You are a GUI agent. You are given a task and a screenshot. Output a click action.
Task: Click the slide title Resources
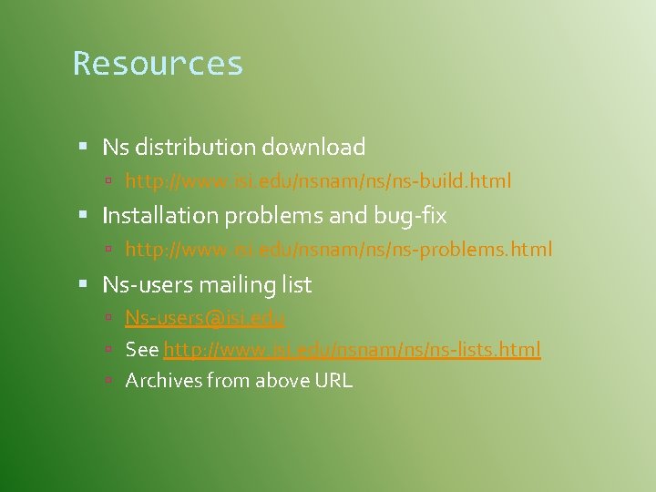(x=158, y=64)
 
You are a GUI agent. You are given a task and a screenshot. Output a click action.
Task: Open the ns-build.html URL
(x=318, y=181)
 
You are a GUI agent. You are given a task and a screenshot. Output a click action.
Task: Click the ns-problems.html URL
(x=338, y=250)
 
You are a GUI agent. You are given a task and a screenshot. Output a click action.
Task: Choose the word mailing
(x=223, y=285)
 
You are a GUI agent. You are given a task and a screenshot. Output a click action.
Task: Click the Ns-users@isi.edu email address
(x=206, y=318)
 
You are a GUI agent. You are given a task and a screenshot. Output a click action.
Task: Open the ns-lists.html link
(x=352, y=349)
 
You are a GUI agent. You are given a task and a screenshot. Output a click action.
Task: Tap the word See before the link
(x=142, y=349)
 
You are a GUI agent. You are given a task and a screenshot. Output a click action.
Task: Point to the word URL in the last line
(x=333, y=380)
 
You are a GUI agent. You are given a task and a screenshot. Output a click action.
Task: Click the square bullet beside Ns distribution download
(x=83, y=146)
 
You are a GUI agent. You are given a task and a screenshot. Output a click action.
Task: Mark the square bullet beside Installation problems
(x=83, y=215)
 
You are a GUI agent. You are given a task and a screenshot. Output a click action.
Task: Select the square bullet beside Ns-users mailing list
(x=83, y=284)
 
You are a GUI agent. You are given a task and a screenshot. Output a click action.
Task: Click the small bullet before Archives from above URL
(x=108, y=380)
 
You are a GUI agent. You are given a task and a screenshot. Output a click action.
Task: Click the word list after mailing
(x=293, y=285)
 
